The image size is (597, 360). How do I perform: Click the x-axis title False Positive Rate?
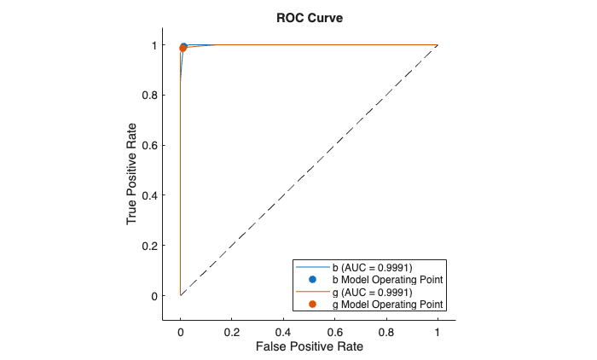pyautogui.click(x=309, y=347)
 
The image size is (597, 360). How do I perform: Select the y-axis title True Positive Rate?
pyautogui.click(x=132, y=171)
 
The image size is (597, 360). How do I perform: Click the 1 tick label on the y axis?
pyautogui.click(x=155, y=44)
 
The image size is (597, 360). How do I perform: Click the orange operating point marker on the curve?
pyautogui.click(x=183, y=48)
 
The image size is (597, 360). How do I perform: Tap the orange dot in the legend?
pyautogui.click(x=312, y=304)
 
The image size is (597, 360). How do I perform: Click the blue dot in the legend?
pyautogui.click(x=312, y=280)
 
